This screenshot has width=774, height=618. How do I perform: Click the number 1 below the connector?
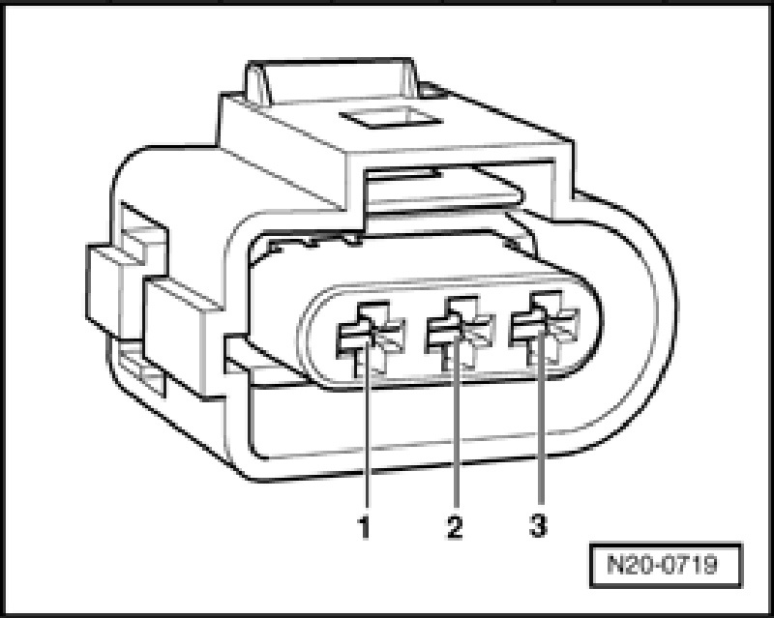(x=365, y=528)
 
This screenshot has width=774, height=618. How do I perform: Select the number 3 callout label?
(x=538, y=527)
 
